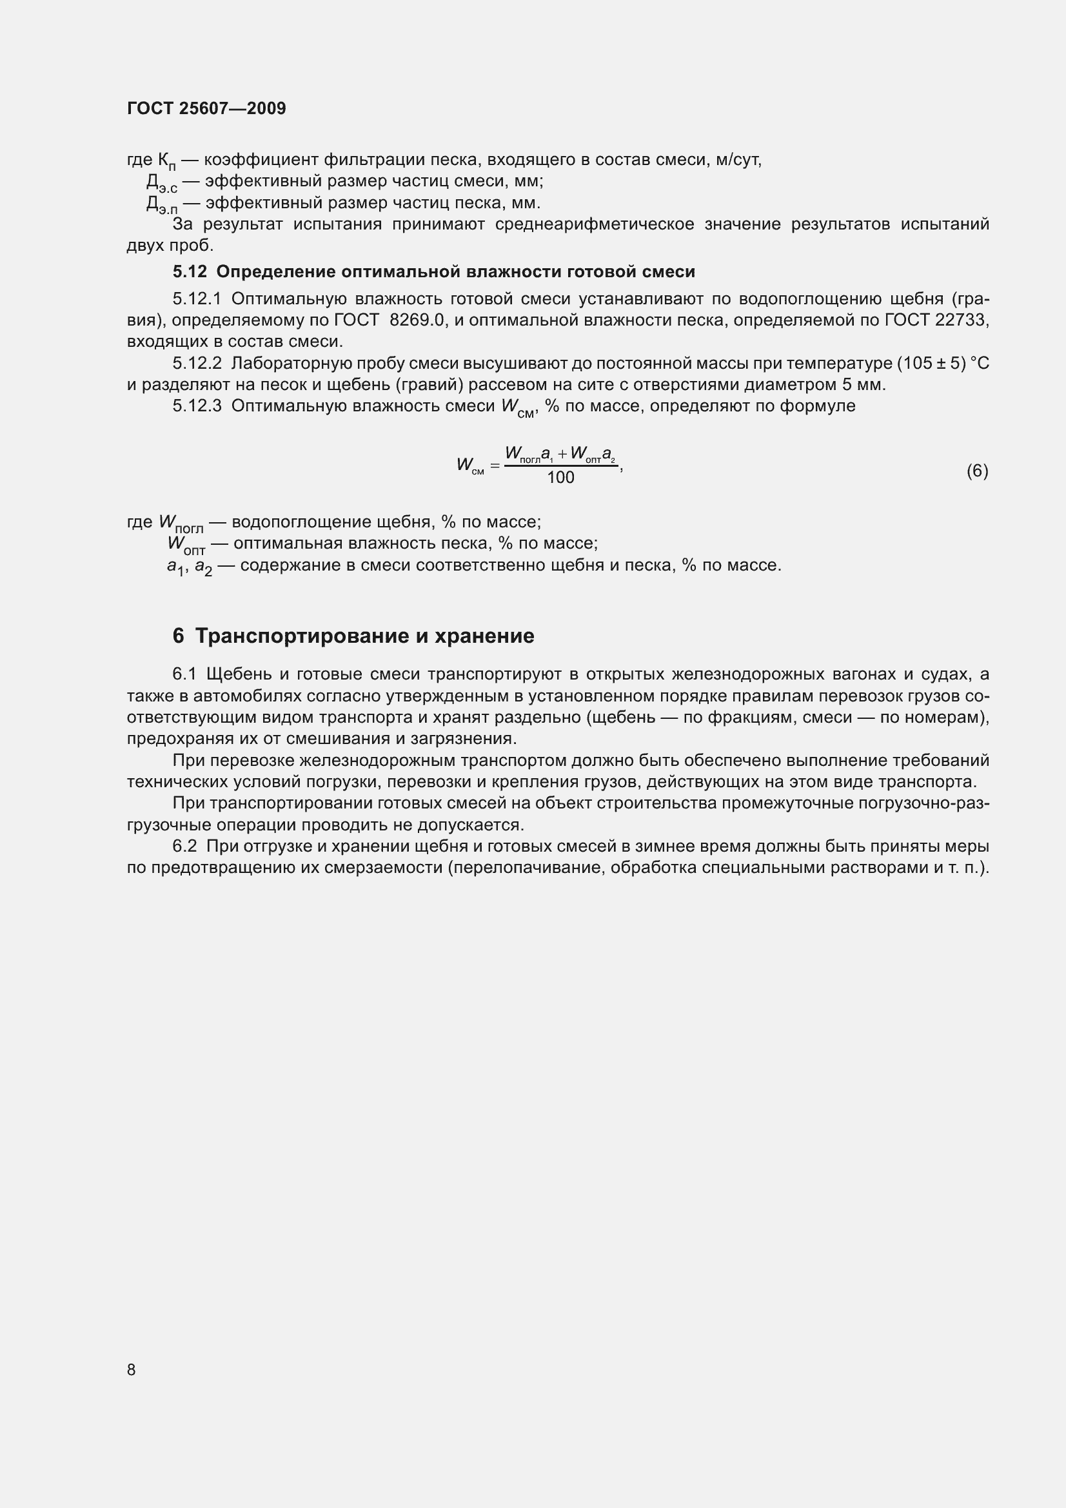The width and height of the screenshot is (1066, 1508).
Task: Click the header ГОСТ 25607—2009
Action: [x=206, y=108]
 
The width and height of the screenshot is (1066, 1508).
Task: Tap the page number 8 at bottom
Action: [x=132, y=1369]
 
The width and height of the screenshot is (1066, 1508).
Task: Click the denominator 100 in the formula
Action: [x=560, y=478]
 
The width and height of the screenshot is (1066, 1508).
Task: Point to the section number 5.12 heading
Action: [x=189, y=271]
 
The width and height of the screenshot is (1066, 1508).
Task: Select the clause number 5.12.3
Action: [x=197, y=406]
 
